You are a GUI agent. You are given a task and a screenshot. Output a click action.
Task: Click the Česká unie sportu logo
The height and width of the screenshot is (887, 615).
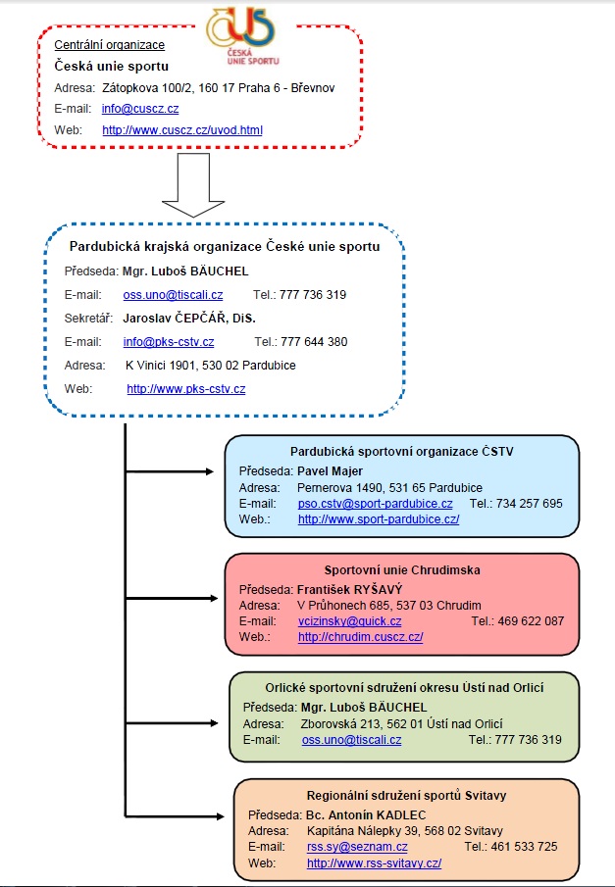click(x=242, y=36)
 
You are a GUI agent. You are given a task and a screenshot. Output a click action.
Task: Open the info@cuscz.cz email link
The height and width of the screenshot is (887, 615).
click(x=140, y=109)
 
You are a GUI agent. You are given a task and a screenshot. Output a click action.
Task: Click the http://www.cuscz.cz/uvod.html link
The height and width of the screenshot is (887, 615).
click(x=182, y=130)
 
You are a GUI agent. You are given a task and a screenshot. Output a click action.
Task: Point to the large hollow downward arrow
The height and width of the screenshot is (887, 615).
click(x=193, y=185)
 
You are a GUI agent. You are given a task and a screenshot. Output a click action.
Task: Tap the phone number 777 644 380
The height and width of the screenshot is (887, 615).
click(x=314, y=342)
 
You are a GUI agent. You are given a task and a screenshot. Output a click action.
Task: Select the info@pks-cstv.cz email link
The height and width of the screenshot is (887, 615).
click(x=169, y=342)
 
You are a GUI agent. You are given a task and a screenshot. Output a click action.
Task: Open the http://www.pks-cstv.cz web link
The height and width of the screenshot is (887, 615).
click(x=186, y=389)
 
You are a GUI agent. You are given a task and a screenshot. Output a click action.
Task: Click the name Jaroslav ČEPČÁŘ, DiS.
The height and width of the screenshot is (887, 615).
click(x=189, y=319)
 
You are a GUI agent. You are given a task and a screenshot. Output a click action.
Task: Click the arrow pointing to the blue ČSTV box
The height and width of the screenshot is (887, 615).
click(x=170, y=471)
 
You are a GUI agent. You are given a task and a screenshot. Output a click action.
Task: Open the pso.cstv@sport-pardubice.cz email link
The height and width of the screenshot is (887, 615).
click(x=376, y=504)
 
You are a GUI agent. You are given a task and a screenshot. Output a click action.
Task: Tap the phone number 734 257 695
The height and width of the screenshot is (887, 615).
click(x=530, y=504)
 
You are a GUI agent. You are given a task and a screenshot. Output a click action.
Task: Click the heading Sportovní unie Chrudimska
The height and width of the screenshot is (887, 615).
click(x=402, y=570)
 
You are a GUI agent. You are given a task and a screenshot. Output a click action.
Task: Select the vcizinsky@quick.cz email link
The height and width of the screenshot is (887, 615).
click(x=350, y=621)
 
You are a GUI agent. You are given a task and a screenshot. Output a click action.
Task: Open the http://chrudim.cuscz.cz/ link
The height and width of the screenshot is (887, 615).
click(x=361, y=637)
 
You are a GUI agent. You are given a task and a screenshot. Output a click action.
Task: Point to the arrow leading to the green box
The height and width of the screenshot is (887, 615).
click(x=172, y=723)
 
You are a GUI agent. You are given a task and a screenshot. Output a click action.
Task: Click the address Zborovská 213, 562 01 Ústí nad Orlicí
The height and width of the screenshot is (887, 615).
click(x=402, y=724)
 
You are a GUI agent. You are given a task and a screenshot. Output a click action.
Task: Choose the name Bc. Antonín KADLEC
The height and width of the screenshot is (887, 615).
click(x=366, y=815)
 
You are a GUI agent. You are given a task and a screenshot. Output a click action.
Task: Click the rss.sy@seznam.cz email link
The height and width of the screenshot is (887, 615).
click(x=357, y=847)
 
